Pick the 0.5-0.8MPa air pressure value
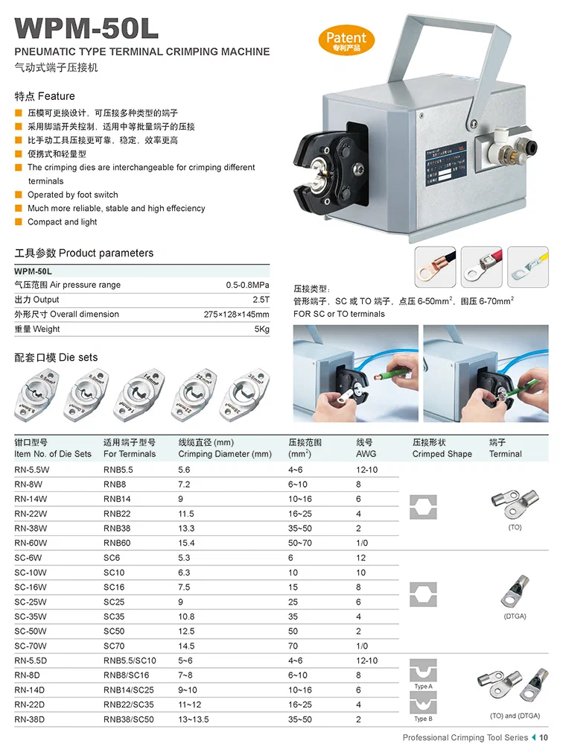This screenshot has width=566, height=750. pyautogui.click(x=248, y=285)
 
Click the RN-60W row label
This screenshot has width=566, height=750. pyautogui.click(x=31, y=543)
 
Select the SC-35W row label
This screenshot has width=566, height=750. pyautogui.click(x=31, y=617)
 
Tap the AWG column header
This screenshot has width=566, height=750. pyautogui.click(x=366, y=453)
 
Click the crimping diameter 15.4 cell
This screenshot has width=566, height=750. pyautogui.click(x=186, y=543)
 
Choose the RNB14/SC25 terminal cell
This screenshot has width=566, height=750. pyautogui.click(x=129, y=690)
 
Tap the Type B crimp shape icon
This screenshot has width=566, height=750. pyautogui.click(x=424, y=702)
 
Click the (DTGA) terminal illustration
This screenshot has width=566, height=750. pyautogui.click(x=515, y=593)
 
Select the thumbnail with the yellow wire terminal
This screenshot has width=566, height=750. pyautogui.click(x=530, y=266)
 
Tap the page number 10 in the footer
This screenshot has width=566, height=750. pyautogui.click(x=544, y=738)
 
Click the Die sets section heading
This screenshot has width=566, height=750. pyautogui.click(x=56, y=358)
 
